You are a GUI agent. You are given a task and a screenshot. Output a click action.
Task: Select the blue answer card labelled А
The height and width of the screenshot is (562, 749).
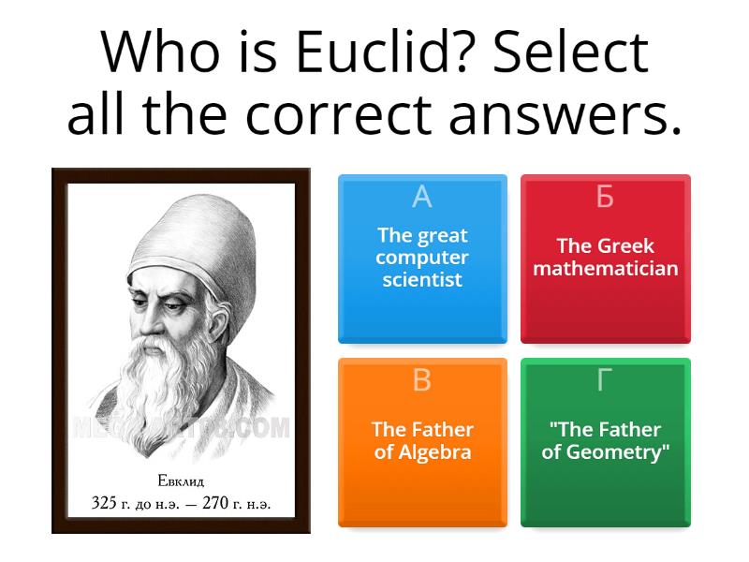pos(422,259)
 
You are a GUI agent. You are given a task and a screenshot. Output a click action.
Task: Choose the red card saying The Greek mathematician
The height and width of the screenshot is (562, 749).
pos(605,259)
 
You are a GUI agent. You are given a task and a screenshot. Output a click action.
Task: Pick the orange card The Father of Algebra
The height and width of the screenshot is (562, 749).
pos(422,442)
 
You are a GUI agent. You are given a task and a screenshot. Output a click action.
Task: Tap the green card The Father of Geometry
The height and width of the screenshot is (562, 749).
pos(605,442)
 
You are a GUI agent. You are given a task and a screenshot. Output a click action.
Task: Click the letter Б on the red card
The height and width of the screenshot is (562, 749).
pos(605,197)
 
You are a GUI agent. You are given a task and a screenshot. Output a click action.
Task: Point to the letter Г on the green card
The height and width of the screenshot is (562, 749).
pos(605,379)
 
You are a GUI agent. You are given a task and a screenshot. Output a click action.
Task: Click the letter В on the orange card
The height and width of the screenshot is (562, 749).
pos(422,379)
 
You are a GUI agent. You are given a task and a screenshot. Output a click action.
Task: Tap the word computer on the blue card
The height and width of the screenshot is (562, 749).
pos(422,258)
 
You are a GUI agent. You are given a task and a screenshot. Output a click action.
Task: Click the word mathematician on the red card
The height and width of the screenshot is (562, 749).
pos(605,269)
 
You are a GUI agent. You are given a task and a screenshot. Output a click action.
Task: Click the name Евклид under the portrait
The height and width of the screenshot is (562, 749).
pos(181,482)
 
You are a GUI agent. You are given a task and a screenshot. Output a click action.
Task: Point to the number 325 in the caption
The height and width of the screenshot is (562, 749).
pos(104,503)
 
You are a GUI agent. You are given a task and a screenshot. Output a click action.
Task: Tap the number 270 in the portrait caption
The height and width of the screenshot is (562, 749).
pos(215,503)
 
